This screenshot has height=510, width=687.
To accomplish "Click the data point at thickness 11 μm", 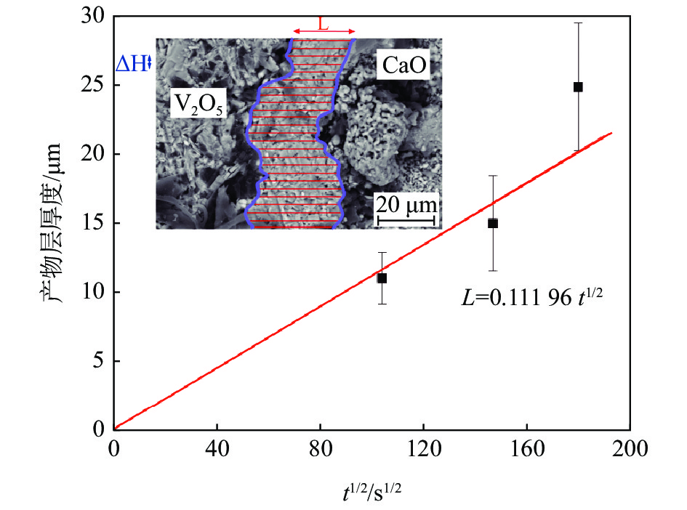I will [382, 278].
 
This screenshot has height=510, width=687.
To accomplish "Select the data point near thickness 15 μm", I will [493, 223].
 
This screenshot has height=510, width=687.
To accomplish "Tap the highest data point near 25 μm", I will [578, 87].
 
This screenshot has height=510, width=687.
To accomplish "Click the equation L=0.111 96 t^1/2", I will [534, 296].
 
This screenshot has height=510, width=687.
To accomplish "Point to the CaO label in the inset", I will [403, 67].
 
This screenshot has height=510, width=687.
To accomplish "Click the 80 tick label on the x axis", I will [320, 449].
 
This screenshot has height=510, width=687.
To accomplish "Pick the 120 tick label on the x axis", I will [423, 449].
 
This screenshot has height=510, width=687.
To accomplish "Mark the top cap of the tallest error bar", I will [578, 23].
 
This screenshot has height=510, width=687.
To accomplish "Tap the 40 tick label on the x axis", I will [217, 449].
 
